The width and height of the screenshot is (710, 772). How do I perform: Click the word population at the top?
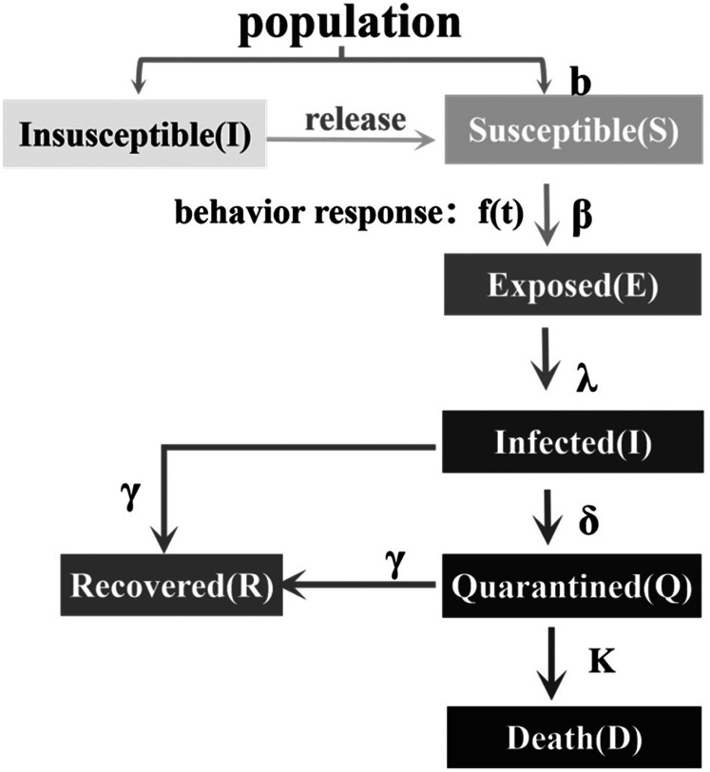click(350, 23)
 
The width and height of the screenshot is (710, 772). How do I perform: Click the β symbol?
click(583, 211)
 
